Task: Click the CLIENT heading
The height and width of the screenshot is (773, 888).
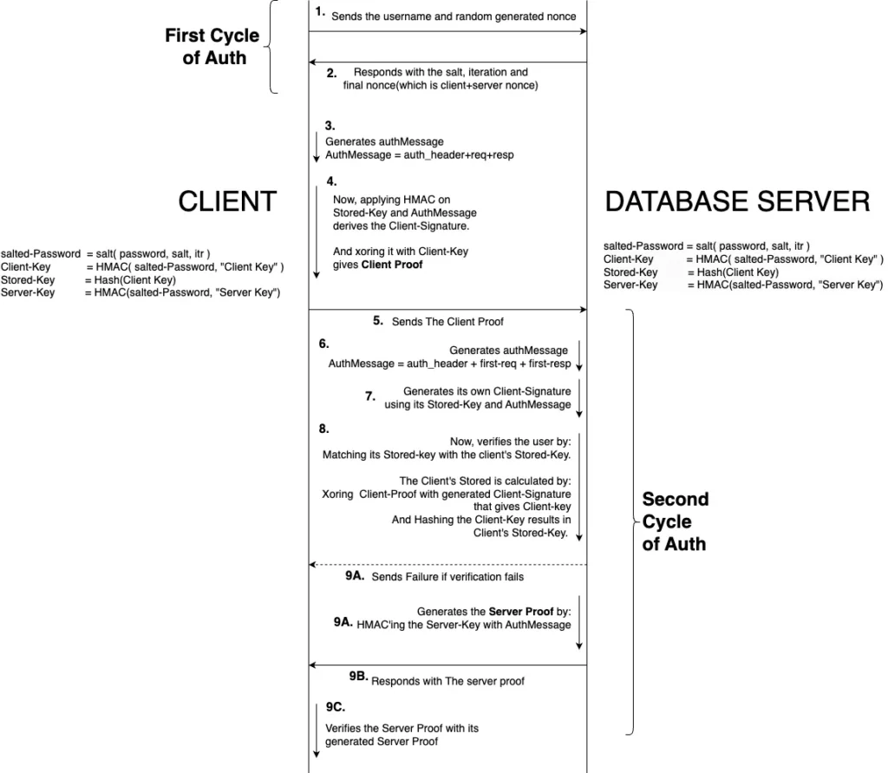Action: coord(227,201)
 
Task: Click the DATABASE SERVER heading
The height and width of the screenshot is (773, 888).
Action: coord(737,201)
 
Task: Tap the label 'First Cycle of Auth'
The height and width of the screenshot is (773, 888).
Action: coord(213,47)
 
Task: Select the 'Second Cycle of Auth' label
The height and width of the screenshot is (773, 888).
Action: coord(675,521)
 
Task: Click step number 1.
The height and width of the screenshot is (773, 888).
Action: coord(320,12)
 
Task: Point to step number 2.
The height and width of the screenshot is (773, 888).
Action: coord(332,74)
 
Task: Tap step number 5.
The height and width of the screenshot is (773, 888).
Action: coord(378,320)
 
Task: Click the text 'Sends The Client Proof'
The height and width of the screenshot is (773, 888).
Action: coord(447,322)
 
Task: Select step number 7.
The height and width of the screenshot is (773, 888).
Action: coord(369,396)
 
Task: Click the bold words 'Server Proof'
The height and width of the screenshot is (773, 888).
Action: coord(520,612)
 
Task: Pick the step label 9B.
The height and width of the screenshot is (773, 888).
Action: coord(359,675)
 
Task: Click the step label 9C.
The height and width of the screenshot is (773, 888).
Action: coord(335,707)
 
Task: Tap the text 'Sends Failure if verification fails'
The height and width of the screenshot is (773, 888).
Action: coord(447,577)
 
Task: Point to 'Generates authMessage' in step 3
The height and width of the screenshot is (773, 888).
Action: coord(372,141)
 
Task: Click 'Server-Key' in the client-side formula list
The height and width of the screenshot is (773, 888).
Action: coord(28,292)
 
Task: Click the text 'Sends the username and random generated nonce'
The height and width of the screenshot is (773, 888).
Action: coord(454,16)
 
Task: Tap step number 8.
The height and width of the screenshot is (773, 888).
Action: coord(324,429)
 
